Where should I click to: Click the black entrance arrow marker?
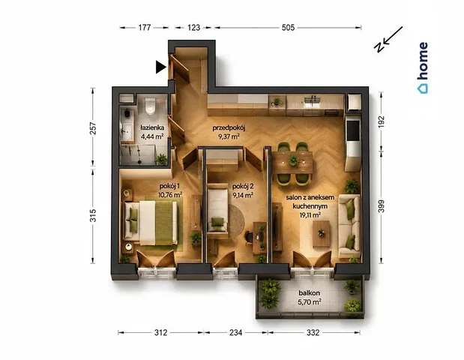[x=160, y=67]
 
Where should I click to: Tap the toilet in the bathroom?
[x=151, y=106]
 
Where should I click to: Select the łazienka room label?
[x=152, y=128]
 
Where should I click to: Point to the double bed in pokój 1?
[x=151, y=223]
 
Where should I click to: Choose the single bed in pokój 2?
[x=217, y=211]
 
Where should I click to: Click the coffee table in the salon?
[x=322, y=233]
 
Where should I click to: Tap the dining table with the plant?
[x=292, y=162]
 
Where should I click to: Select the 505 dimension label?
[x=288, y=28]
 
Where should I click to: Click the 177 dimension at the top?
[x=145, y=28]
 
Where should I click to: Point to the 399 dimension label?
[x=382, y=206]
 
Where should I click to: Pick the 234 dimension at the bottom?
[x=236, y=333]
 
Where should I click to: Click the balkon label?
[x=310, y=292]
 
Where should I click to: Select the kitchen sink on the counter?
[x=311, y=101]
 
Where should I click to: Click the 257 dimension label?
[x=93, y=128]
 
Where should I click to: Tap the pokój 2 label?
[x=243, y=187]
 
